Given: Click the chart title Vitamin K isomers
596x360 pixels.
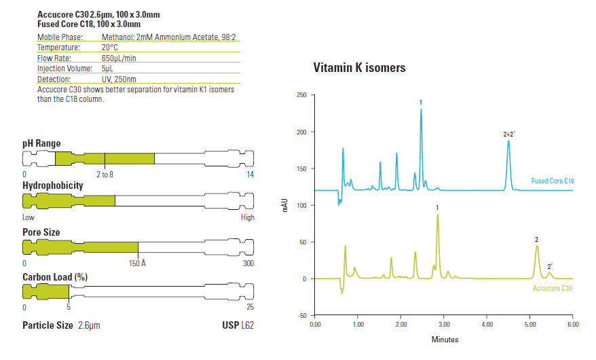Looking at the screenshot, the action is [359, 68].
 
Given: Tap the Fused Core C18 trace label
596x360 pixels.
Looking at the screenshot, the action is [553, 181].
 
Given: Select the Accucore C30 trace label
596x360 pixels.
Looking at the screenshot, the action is [553, 288].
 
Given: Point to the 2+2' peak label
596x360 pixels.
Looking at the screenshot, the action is [509, 134].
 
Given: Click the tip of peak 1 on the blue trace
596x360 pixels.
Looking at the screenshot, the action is [421, 109].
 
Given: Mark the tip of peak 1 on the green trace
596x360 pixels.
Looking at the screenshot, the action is [438, 215].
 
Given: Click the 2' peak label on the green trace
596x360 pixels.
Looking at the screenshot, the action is [550, 267].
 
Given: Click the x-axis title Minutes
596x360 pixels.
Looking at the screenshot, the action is [445, 340].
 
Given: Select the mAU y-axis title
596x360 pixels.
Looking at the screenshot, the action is [285, 205].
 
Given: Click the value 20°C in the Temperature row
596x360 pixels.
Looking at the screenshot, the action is [110, 48].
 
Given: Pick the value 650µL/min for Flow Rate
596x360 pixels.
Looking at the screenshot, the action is [119, 58].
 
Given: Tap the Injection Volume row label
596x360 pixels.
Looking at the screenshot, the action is [64, 69].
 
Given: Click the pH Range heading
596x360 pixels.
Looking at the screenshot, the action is [41, 143].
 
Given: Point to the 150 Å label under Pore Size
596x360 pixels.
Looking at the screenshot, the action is [137, 263].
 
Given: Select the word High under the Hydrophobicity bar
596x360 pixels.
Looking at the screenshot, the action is [248, 217].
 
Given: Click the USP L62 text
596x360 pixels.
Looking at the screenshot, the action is [238, 325].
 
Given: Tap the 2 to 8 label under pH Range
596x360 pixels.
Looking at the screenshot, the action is [105, 175].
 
